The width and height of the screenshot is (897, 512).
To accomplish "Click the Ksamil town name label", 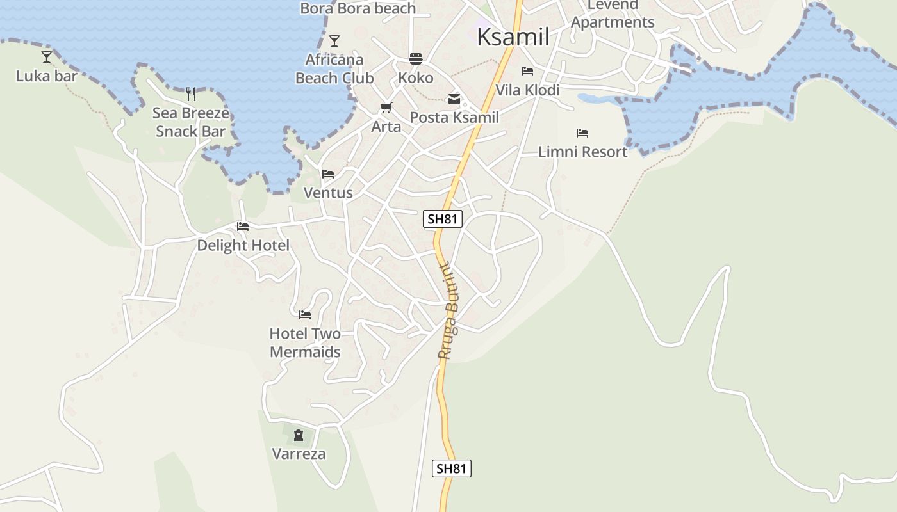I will [x=513, y=36].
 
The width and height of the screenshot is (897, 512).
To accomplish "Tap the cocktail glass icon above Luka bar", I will [x=47, y=57].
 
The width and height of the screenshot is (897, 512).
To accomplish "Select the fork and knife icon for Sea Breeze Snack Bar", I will [x=191, y=94].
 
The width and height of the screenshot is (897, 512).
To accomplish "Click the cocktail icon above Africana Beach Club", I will [x=334, y=41].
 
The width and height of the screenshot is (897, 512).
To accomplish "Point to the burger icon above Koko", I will [x=416, y=59].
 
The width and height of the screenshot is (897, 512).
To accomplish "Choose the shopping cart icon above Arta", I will [x=386, y=108].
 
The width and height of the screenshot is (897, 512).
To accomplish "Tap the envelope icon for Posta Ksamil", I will [x=454, y=99].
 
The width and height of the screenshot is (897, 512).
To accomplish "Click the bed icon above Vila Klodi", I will [x=527, y=71].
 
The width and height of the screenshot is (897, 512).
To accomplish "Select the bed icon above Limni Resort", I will [x=582, y=133].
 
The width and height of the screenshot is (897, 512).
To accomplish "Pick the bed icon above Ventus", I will [x=328, y=174].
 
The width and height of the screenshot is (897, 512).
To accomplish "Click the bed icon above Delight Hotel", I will [x=243, y=227].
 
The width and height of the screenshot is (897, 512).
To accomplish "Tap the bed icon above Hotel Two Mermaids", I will [x=305, y=315].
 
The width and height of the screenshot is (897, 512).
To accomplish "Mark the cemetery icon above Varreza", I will [x=299, y=435].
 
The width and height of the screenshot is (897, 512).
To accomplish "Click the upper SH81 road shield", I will [x=443, y=219].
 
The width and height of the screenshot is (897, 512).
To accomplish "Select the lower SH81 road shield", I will [x=452, y=468].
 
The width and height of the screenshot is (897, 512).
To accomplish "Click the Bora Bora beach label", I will [x=358, y=8].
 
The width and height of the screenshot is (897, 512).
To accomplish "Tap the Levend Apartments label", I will [x=613, y=13].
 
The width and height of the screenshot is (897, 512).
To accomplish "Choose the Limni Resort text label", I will [x=582, y=152].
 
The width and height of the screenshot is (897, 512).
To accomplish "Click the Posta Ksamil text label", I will [x=454, y=118].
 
